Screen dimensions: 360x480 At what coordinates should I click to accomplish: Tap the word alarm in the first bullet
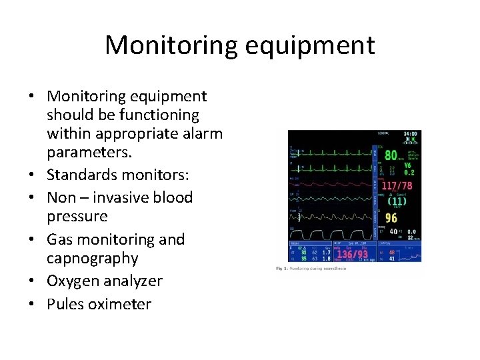[201, 133]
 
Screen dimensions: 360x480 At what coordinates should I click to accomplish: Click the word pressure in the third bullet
[77, 217]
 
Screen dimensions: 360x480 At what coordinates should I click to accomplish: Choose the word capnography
[92, 259]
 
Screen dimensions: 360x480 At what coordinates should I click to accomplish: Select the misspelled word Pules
[65, 305]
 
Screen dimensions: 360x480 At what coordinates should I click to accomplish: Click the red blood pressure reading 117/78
[398, 186]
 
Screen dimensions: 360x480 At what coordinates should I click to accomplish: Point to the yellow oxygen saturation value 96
[391, 218]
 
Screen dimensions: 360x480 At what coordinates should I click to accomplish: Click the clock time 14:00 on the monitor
[411, 134]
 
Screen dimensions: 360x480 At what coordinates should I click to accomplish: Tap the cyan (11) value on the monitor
[398, 201]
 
